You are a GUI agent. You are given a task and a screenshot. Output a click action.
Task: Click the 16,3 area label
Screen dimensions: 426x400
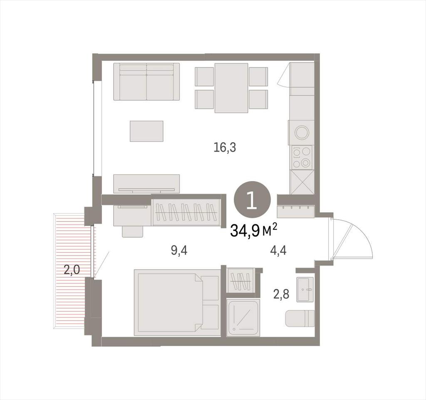tap(225, 148)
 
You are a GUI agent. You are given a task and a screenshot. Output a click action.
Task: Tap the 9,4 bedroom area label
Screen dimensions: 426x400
tap(179, 251)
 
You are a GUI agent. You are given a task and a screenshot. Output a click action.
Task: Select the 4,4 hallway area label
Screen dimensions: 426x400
tap(278, 251)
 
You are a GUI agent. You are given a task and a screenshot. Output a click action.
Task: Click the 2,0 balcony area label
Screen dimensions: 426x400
tap(72, 270)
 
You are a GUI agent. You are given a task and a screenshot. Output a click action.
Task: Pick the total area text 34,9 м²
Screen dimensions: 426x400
tap(254, 231)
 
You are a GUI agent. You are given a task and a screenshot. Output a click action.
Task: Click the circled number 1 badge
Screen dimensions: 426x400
tap(253, 199)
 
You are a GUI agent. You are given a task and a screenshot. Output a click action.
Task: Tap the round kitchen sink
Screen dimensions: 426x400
tap(302, 133)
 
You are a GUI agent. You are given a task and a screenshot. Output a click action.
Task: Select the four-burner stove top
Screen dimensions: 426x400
tap(302, 157)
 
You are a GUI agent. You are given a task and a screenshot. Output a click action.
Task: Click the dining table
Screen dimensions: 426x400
tap(231, 88)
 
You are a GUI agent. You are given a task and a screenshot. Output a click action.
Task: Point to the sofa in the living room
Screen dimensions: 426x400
tap(147, 82)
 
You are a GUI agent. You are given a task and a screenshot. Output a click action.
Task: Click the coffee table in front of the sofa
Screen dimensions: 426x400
tap(146, 131)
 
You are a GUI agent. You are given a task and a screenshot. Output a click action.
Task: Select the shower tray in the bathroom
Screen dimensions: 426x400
tap(243, 318)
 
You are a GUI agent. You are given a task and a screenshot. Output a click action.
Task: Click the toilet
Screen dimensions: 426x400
tap(300, 318)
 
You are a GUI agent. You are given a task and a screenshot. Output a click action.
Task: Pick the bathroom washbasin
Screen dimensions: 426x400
tap(305, 289)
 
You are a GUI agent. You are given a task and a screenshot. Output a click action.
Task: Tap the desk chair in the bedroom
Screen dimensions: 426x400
tap(133, 231)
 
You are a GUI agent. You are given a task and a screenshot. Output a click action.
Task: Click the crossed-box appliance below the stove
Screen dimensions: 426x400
tap(302, 182)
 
